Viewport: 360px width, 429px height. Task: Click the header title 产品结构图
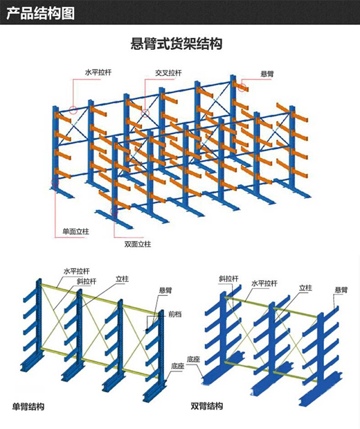40,13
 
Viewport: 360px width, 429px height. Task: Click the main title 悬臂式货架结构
177,44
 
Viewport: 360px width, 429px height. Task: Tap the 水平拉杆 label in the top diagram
98,73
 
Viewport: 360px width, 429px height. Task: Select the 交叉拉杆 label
168,73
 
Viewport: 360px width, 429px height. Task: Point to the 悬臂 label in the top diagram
267,74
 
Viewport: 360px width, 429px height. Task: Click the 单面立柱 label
76,231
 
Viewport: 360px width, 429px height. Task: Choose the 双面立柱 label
138,244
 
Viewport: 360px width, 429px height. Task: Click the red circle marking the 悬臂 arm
242,87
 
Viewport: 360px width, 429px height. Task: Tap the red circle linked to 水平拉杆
73,110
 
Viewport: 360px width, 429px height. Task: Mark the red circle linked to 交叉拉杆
145,113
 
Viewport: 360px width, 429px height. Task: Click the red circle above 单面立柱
55,182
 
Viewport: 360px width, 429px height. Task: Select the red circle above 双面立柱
114,211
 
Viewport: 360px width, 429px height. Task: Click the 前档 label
175,314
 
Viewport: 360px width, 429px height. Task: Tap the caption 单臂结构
28,407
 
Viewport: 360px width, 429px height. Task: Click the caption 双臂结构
206,405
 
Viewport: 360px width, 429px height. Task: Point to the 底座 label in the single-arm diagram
178,366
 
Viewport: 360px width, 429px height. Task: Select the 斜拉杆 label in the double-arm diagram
228,279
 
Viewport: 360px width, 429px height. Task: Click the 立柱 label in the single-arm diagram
122,279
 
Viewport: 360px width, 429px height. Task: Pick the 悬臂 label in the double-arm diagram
341,290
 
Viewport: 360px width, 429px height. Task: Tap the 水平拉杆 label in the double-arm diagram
264,283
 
